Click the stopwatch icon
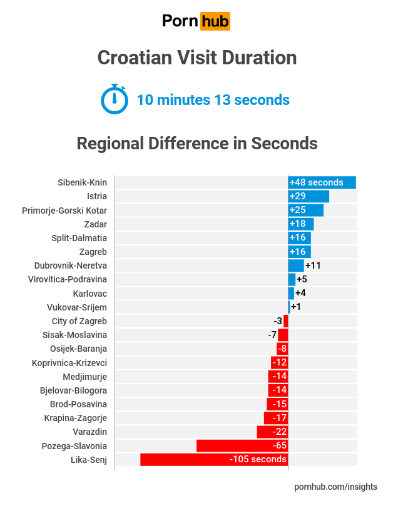pos(114,99)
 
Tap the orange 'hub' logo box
pos(215,22)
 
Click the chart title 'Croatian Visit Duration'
pos(196,58)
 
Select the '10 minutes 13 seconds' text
pos(213,100)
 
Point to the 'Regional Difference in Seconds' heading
pos(196,143)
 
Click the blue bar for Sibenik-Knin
pos(322,182)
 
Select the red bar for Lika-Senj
pos(213,460)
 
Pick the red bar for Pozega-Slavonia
pos(242,446)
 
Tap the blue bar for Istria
pos(309,196)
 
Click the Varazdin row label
pos(90,432)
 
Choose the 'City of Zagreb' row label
pos(79,321)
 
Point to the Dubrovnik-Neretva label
pos(71,265)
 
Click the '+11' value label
pos(313,265)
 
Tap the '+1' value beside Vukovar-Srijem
pos(296,307)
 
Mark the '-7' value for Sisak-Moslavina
pos(272,335)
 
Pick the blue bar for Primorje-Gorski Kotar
pos(305,210)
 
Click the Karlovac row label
pos(90,293)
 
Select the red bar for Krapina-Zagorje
pos(275,418)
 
